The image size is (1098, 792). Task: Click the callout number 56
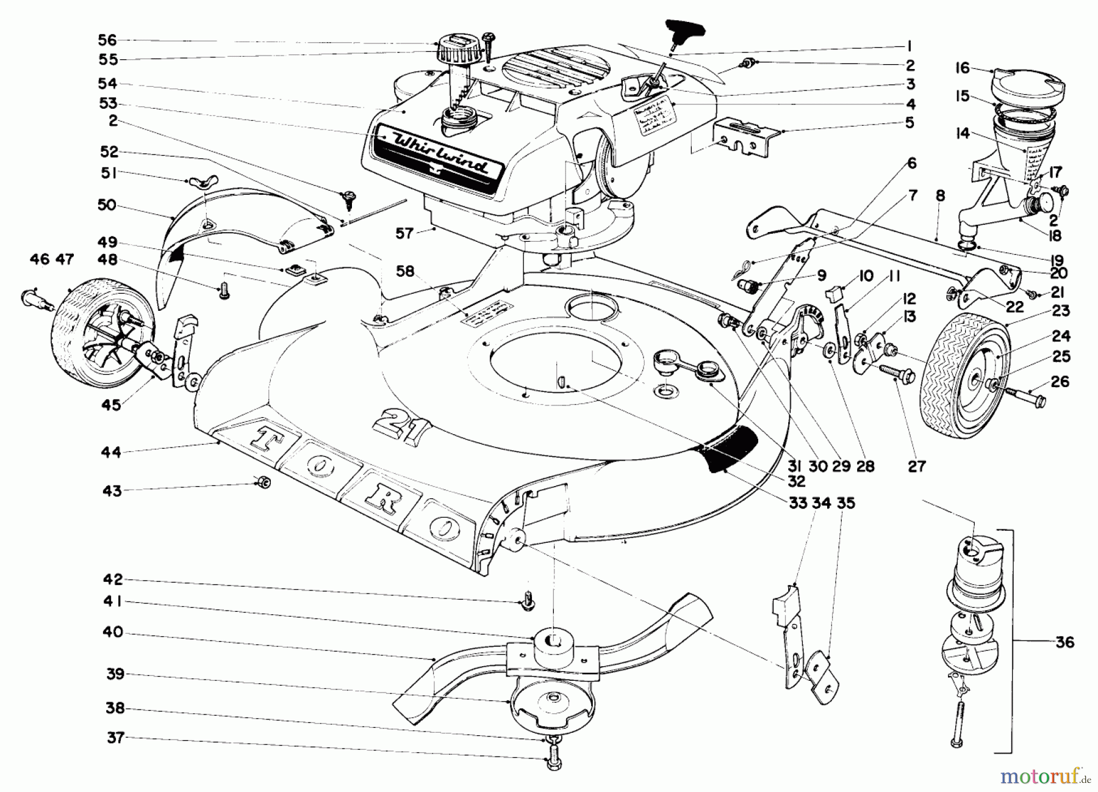[x=107, y=40]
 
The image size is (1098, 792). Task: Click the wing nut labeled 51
[x=196, y=182]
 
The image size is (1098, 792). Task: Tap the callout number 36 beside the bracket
[x=1064, y=642]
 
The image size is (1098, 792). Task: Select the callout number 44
[x=111, y=452]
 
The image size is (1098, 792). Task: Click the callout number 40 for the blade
[x=112, y=632]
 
